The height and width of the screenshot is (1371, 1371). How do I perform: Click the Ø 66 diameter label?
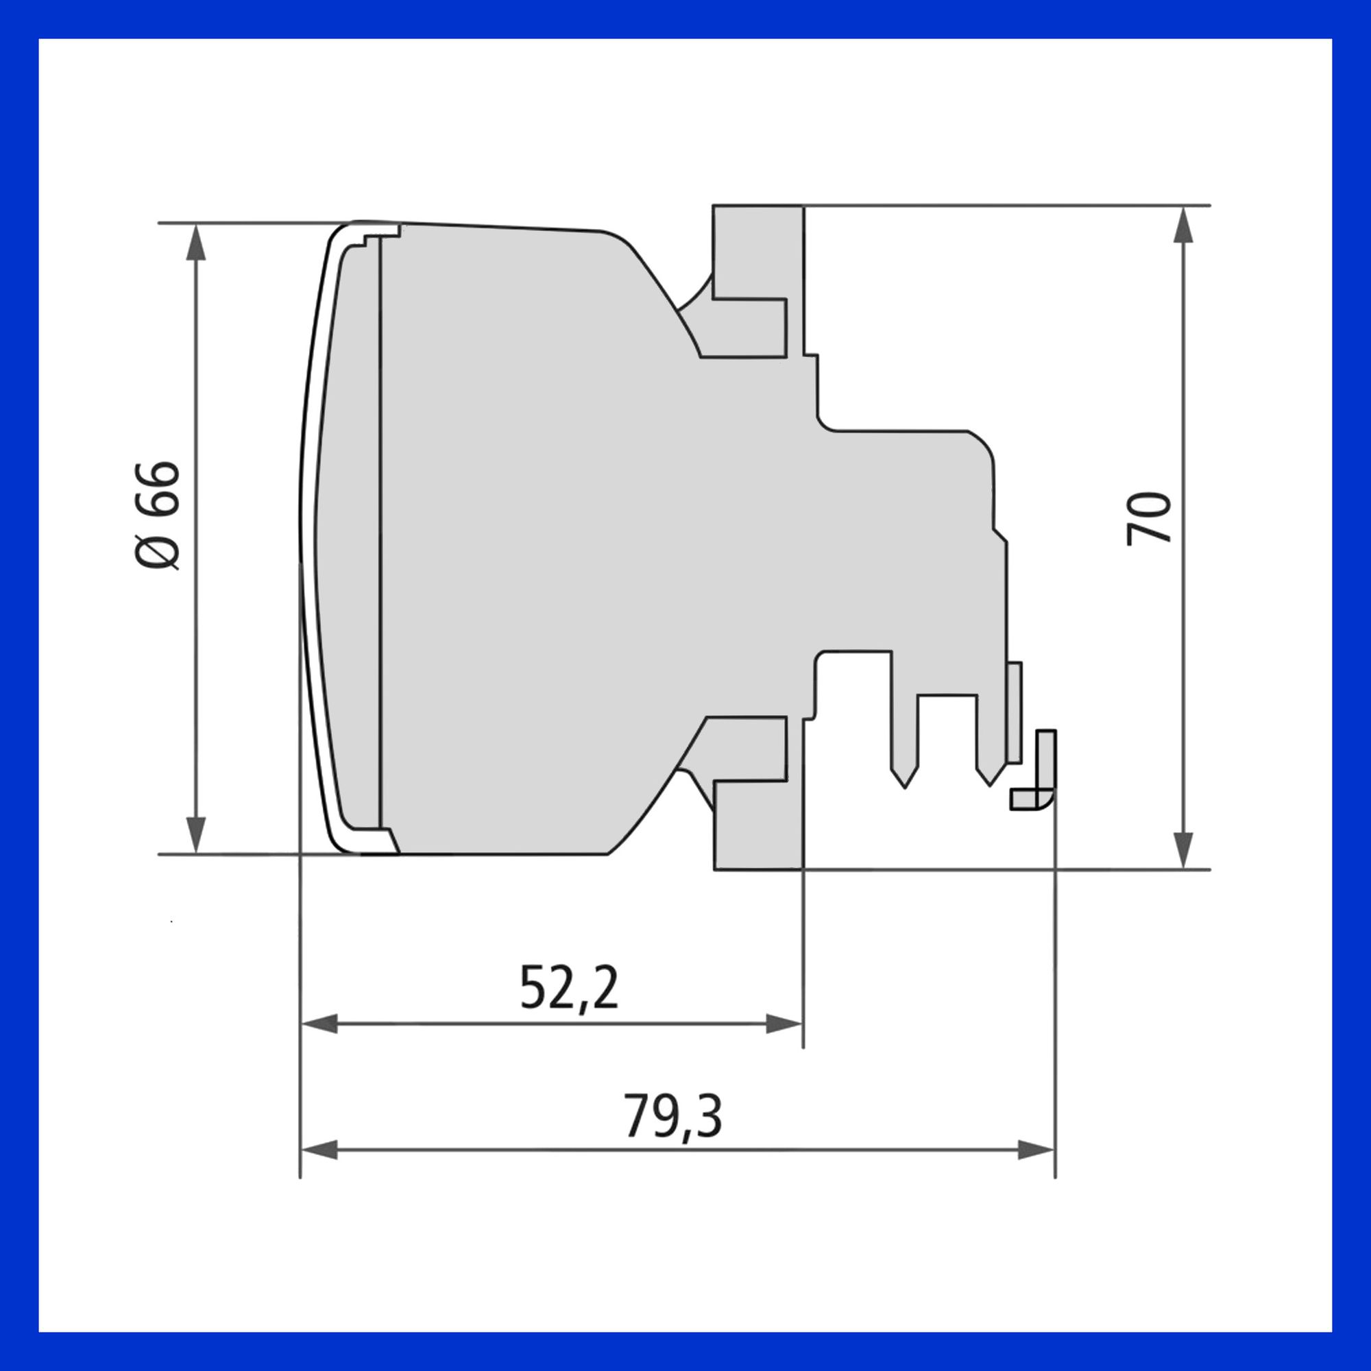(157, 515)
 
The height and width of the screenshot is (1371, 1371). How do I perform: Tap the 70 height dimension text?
(1148, 518)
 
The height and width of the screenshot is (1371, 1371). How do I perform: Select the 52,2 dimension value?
(569, 987)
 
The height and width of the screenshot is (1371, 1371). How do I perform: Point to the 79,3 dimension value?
(672, 1115)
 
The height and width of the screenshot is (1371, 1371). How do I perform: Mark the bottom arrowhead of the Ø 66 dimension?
(195, 835)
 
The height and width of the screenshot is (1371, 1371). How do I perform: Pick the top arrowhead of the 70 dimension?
(1182, 225)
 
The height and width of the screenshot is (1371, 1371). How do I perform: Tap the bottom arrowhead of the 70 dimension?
(1182, 851)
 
